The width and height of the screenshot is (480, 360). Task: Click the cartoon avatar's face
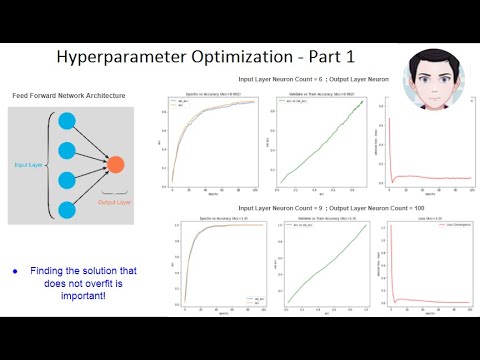(434, 78)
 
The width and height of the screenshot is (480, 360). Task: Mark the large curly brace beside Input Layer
(49, 165)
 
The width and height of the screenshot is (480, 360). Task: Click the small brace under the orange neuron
(115, 189)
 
